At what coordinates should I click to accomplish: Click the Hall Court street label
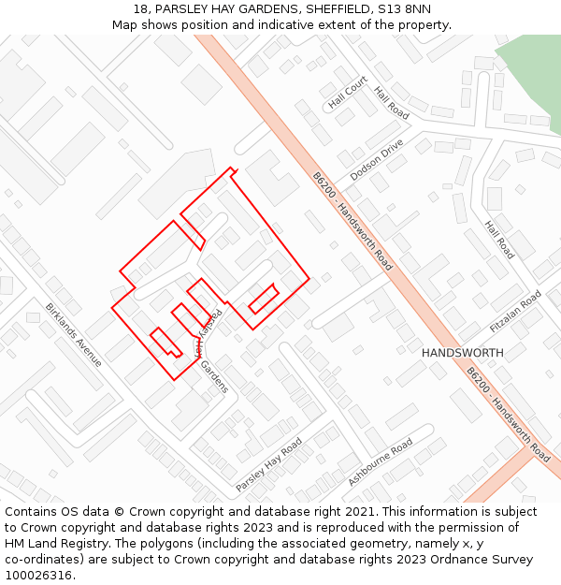click(x=348, y=93)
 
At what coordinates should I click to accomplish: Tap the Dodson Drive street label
click(x=377, y=160)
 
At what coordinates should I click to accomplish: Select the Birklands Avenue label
click(x=74, y=334)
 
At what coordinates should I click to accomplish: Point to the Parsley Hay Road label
click(x=268, y=464)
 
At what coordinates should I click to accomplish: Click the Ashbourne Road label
click(x=381, y=461)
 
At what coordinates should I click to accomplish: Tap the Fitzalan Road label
click(x=515, y=312)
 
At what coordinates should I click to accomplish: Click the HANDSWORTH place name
click(x=462, y=353)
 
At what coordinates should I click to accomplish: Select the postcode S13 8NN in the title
click(x=404, y=9)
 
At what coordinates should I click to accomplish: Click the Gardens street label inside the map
click(x=214, y=377)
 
